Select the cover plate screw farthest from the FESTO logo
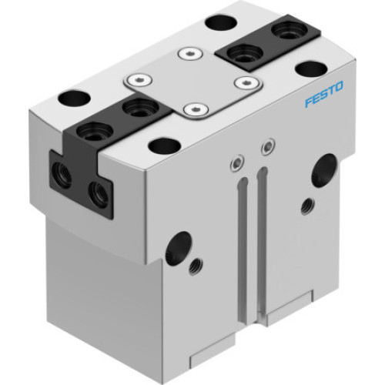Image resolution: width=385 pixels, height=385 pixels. [x=138, y=79]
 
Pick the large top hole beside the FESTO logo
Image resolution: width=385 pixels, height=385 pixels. [x=310, y=69]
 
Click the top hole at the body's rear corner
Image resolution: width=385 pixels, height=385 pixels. [x=221, y=22]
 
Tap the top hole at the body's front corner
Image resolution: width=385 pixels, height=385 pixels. [x=165, y=145]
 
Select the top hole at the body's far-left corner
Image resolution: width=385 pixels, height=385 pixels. [x=74, y=99]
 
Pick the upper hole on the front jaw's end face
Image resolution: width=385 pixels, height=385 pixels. [x=62, y=174]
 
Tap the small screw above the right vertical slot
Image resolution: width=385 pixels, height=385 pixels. [x=266, y=146]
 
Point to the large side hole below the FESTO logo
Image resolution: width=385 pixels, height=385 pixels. [x=323, y=170]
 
